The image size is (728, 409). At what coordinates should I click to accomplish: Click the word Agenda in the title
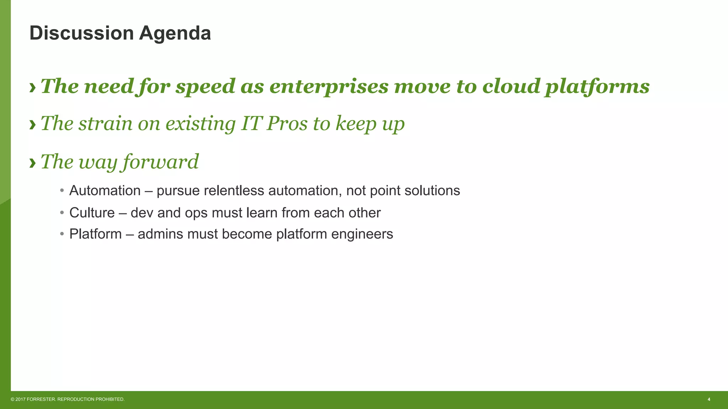(x=175, y=33)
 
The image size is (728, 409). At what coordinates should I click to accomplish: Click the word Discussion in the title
(x=81, y=33)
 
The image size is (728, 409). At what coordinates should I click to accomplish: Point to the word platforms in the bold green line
(x=597, y=87)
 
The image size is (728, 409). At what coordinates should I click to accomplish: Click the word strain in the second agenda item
(x=105, y=124)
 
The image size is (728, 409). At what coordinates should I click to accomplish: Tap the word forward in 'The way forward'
(x=161, y=162)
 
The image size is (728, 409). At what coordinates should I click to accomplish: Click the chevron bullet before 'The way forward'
(x=33, y=163)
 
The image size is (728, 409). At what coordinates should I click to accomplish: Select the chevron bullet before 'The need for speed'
(x=33, y=87)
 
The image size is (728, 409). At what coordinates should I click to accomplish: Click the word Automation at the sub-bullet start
(x=105, y=191)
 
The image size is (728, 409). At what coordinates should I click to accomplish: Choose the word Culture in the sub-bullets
(x=92, y=213)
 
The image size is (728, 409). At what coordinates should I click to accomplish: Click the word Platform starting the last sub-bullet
(x=95, y=234)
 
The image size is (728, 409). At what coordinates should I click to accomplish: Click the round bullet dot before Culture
(x=62, y=213)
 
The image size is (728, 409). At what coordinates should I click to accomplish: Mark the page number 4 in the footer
(x=709, y=399)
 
